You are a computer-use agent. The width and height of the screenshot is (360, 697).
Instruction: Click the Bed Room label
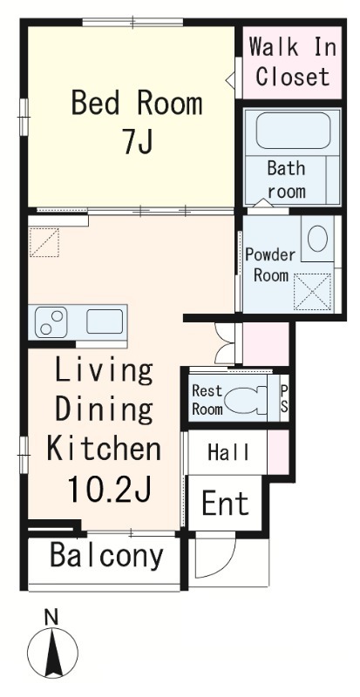(137, 103)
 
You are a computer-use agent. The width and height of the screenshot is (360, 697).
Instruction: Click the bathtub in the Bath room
(293, 130)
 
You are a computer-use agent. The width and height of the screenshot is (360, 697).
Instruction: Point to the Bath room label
(286, 180)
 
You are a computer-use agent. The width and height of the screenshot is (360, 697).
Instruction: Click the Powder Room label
(270, 266)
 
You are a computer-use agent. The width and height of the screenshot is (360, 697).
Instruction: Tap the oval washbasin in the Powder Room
(317, 240)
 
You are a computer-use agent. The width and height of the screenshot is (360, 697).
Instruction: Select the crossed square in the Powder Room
(313, 292)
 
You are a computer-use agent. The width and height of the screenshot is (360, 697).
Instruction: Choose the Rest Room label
(207, 400)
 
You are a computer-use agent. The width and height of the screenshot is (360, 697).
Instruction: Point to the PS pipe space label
(284, 399)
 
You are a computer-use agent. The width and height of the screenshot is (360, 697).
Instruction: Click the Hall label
(228, 452)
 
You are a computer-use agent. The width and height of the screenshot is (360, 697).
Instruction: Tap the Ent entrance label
(225, 503)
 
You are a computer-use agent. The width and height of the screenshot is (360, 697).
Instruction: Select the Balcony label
(106, 556)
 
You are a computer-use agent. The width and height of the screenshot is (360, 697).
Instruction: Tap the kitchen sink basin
(105, 321)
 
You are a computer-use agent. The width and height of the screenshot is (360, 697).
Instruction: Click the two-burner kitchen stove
(51, 321)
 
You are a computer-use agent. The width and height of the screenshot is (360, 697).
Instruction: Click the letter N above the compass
(51, 617)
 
